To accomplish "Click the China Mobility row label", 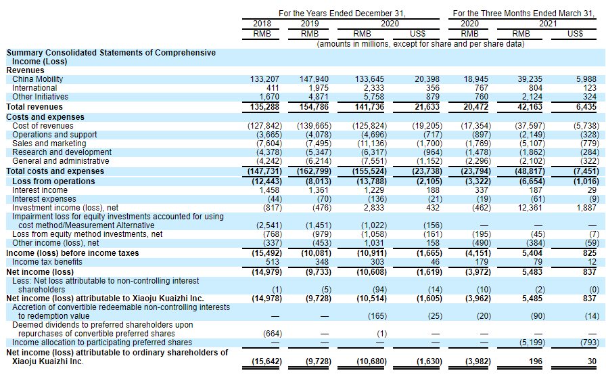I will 38,79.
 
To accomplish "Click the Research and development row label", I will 60,152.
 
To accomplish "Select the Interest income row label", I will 40,190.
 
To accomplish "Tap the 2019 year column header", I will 310,23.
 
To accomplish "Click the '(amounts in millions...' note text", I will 420,43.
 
